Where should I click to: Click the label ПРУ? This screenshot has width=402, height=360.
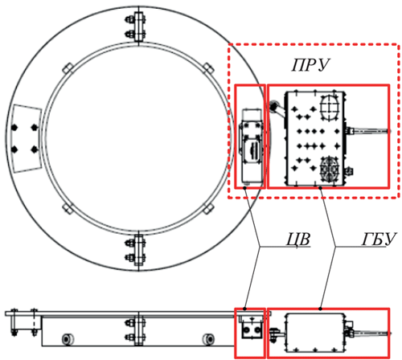click(310, 65)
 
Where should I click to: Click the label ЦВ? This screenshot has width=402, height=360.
click(298, 239)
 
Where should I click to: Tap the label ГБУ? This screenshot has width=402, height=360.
click(379, 239)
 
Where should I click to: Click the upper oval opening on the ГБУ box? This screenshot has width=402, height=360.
click(330, 108)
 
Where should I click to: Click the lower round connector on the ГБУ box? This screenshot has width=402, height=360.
click(330, 169)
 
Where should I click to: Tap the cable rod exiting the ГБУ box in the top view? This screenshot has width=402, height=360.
click(367, 131)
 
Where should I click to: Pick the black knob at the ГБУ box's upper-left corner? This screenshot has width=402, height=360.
click(273, 106)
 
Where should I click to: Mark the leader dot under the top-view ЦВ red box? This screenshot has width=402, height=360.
click(244, 188)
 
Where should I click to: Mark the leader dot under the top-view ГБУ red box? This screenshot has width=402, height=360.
click(320, 188)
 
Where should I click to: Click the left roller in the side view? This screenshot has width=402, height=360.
click(68, 339)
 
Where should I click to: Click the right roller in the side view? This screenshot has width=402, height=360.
click(208, 339)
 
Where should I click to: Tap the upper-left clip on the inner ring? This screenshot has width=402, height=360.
click(68, 68)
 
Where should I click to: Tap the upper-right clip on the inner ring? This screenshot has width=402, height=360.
click(208, 68)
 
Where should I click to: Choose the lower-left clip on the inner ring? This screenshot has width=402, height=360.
click(68, 208)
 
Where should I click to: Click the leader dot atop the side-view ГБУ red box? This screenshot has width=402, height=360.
click(320, 309)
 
